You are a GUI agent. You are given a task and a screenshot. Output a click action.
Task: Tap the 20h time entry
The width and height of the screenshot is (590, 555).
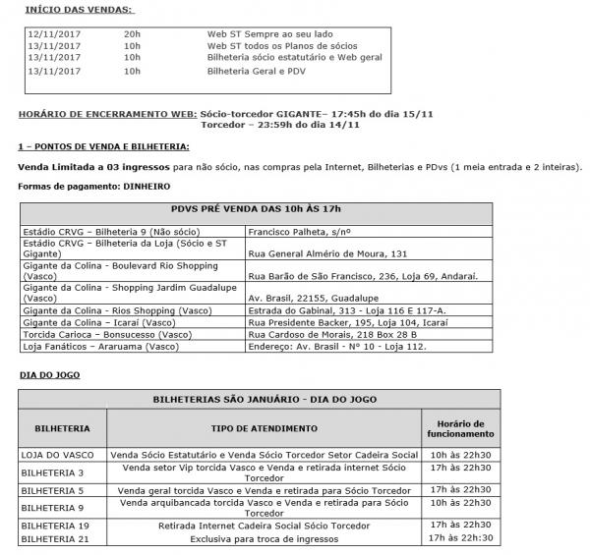[x=132, y=32]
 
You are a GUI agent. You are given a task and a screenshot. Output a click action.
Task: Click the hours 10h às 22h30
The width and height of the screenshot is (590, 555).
[x=461, y=455]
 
